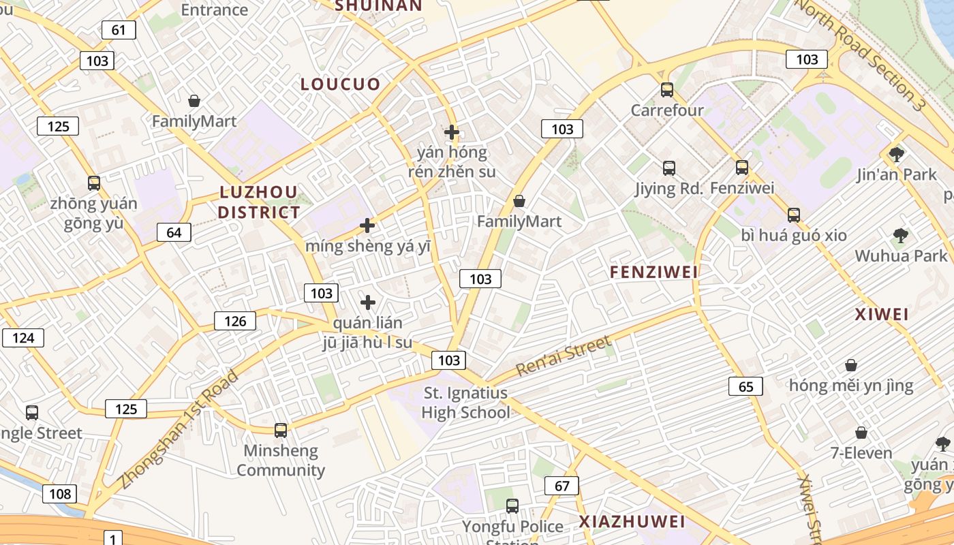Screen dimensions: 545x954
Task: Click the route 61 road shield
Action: click(119, 30)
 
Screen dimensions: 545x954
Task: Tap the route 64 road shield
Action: click(174, 232)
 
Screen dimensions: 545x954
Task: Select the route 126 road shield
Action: click(235, 321)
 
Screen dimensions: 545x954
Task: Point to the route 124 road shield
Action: click(23, 338)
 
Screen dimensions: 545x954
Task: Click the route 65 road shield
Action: click(745, 387)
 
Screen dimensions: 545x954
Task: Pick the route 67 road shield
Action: click(561, 486)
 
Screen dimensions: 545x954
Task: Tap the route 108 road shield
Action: click(60, 494)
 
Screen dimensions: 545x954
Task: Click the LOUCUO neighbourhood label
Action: click(341, 84)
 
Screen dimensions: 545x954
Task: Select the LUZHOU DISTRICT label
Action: click(259, 202)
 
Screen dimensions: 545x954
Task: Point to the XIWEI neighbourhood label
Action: click(882, 315)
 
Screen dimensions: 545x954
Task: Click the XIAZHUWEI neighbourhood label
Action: click(632, 522)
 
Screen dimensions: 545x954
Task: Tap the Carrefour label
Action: click(667, 110)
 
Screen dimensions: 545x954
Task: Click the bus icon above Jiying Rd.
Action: click(669, 168)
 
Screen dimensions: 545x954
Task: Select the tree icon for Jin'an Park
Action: click(897, 154)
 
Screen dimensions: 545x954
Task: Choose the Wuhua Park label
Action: click(901, 256)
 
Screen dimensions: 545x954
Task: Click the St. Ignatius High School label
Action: click(465, 403)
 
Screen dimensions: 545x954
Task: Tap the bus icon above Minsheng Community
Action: click(281, 431)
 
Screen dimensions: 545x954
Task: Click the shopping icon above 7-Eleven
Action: click(861, 433)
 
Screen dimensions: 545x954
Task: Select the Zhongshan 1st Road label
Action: click(180, 429)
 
